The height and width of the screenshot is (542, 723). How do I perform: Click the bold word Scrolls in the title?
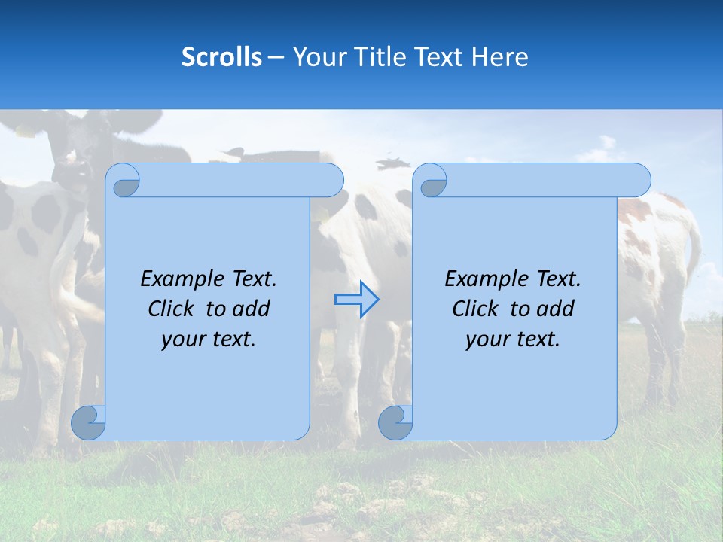tap(221, 57)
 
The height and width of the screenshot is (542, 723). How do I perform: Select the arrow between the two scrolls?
tap(356, 299)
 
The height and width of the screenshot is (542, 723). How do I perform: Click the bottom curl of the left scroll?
tap(87, 422)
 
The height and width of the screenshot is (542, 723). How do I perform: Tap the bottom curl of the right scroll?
tap(395, 422)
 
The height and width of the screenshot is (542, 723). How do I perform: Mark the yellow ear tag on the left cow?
tap(24, 132)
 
